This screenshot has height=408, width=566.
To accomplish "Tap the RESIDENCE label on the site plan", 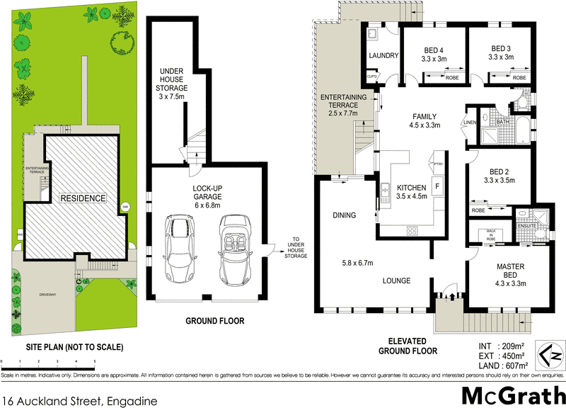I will click(x=82, y=198).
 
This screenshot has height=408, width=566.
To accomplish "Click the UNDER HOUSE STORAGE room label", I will click(x=172, y=80).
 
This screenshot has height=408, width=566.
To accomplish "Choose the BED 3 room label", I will click(x=502, y=53).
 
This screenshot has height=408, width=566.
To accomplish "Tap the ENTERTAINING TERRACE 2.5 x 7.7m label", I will click(x=344, y=104).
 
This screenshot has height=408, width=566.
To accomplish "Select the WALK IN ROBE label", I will click(x=490, y=236).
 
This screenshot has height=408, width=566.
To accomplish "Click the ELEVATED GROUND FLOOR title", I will click(x=407, y=346).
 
